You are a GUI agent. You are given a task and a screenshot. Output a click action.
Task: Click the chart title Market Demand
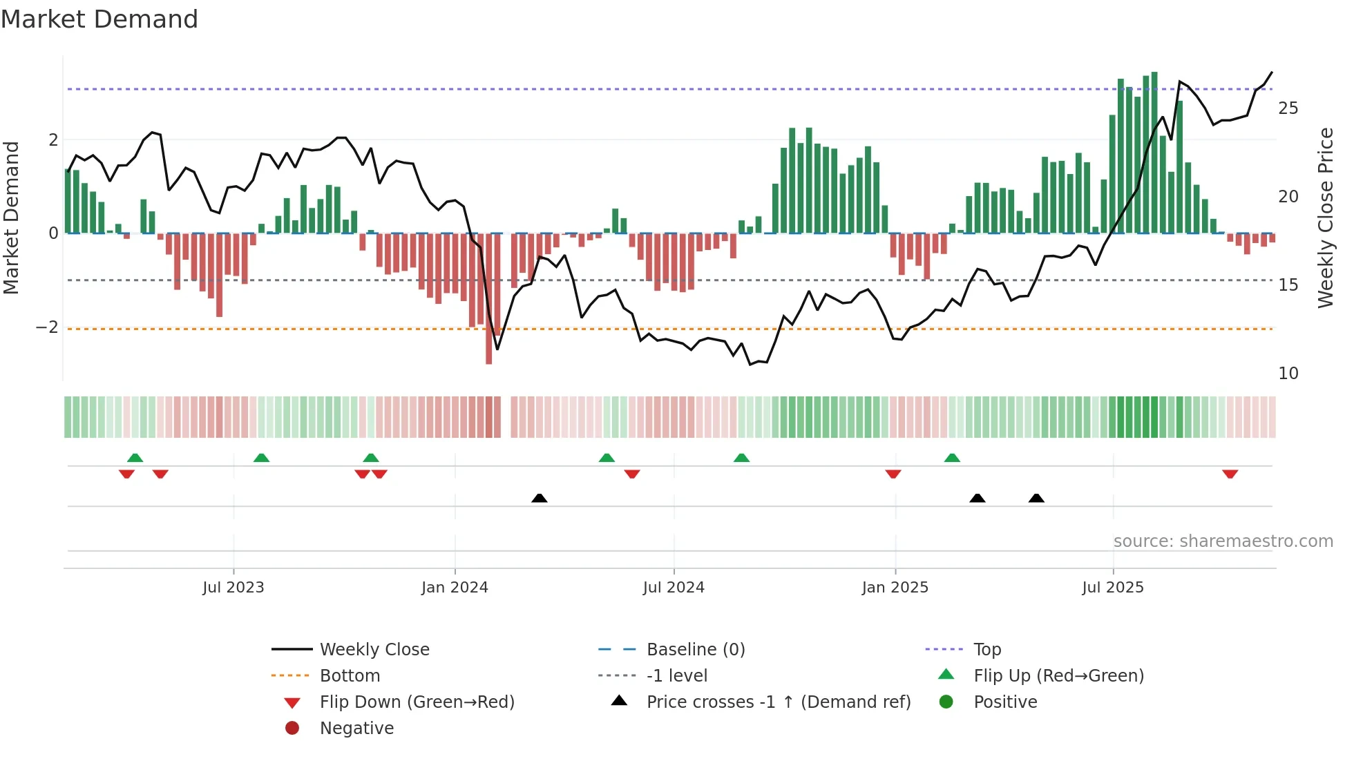click(x=99, y=19)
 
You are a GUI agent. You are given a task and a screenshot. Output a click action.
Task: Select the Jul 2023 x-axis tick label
click(x=233, y=588)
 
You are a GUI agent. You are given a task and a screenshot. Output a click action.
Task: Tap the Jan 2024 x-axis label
click(x=455, y=588)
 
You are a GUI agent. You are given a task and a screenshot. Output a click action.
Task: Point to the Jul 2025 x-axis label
click(x=1113, y=588)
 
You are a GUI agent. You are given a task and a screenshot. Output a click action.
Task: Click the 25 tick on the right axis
click(x=1288, y=108)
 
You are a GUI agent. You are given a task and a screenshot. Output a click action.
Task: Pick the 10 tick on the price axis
click(x=1288, y=374)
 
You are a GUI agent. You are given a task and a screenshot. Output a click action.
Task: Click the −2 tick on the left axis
click(x=47, y=327)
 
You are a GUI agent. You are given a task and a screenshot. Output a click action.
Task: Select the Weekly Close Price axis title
click(x=1325, y=218)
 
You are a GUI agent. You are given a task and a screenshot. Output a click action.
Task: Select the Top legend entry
click(x=986, y=650)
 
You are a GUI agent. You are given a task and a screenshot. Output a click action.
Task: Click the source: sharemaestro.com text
click(x=1223, y=541)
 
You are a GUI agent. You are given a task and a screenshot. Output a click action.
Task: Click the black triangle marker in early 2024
click(x=540, y=498)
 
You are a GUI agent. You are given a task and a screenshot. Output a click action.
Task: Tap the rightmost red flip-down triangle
click(x=1230, y=474)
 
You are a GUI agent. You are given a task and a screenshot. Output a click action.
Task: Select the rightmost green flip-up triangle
click(x=952, y=458)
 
